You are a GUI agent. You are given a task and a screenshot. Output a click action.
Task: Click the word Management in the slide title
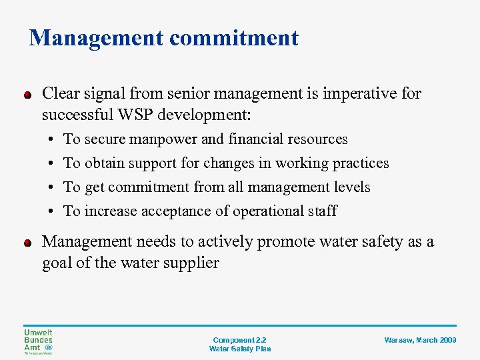pyautogui.click(x=96, y=38)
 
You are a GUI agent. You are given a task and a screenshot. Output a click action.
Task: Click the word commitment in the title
pyautogui.click(x=234, y=38)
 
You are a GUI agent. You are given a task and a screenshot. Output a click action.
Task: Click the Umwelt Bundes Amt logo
pyautogui.click(x=38, y=341)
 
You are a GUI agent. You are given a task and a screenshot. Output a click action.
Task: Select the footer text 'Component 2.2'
pyautogui.click(x=239, y=340)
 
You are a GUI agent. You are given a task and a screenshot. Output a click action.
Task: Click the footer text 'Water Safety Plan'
pyautogui.click(x=239, y=349)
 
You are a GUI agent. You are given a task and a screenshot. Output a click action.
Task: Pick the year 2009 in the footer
pyautogui.click(x=448, y=340)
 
